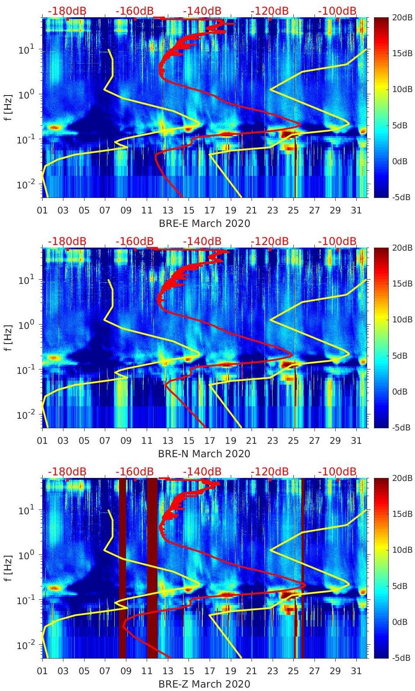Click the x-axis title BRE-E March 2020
(204, 223)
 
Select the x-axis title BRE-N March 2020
(204, 454)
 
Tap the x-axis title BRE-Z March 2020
(204, 684)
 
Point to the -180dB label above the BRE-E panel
(67, 11)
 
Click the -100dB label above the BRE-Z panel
(337, 471)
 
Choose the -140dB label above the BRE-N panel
(202, 241)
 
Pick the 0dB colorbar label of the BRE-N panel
(399, 392)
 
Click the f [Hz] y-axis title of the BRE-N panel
(9, 338)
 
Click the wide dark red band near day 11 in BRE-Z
(152, 562)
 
